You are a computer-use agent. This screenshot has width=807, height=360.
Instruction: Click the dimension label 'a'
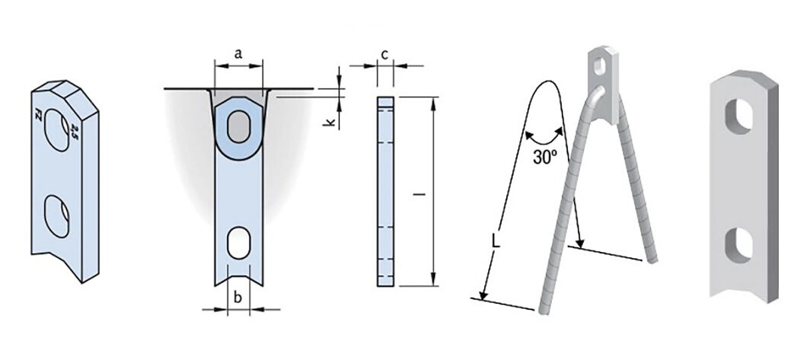238,53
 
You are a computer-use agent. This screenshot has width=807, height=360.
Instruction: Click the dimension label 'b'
238,298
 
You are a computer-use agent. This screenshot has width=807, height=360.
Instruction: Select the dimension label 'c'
385,54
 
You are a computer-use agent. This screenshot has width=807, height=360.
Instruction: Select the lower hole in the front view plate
238,242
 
